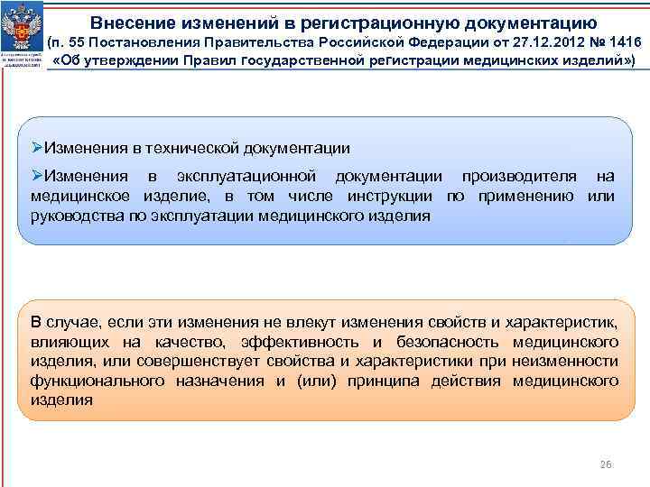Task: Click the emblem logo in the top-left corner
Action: (22, 36)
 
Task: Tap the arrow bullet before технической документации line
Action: (38, 148)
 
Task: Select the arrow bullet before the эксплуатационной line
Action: (38, 175)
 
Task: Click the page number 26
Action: (606, 464)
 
